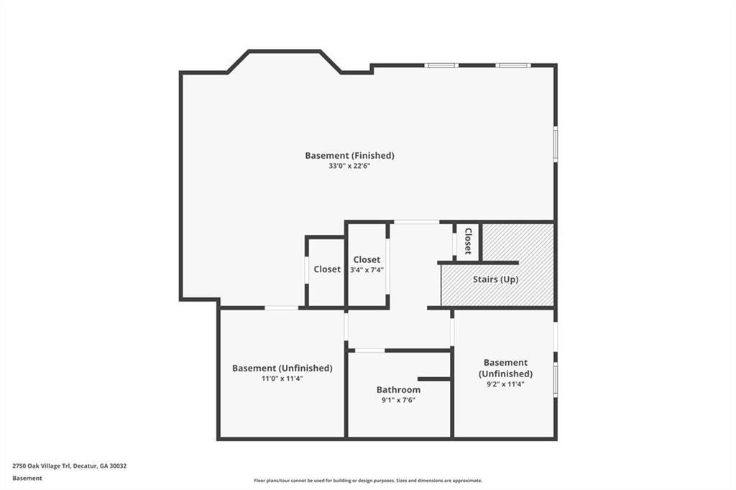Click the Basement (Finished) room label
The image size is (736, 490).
tap(349, 155)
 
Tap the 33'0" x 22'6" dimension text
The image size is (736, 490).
tap(350, 166)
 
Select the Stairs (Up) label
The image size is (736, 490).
tap(495, 279)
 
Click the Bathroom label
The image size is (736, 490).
tap(398, 389)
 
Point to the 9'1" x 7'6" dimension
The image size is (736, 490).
tap(398, 400)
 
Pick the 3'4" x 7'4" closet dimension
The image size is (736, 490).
tap(367, 270)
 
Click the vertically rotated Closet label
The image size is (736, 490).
tap(468, 241)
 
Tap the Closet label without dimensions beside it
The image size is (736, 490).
tap(327, 269)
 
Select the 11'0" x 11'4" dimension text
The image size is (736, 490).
tap(282, 379)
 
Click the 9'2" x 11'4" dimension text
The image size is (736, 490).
tap(505, 384)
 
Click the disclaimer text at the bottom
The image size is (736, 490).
tap(368, 481)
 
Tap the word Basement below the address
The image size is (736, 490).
tap(27, 479)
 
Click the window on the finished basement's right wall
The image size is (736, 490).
tap(556, 144)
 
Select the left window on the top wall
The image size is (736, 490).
tap(441, 65)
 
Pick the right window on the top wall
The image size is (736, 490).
tap(513, 65)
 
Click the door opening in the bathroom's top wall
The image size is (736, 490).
tap(369, 351)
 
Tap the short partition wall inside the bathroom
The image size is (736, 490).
tap(434, 379)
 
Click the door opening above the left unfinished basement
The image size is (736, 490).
tap(281, 308)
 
